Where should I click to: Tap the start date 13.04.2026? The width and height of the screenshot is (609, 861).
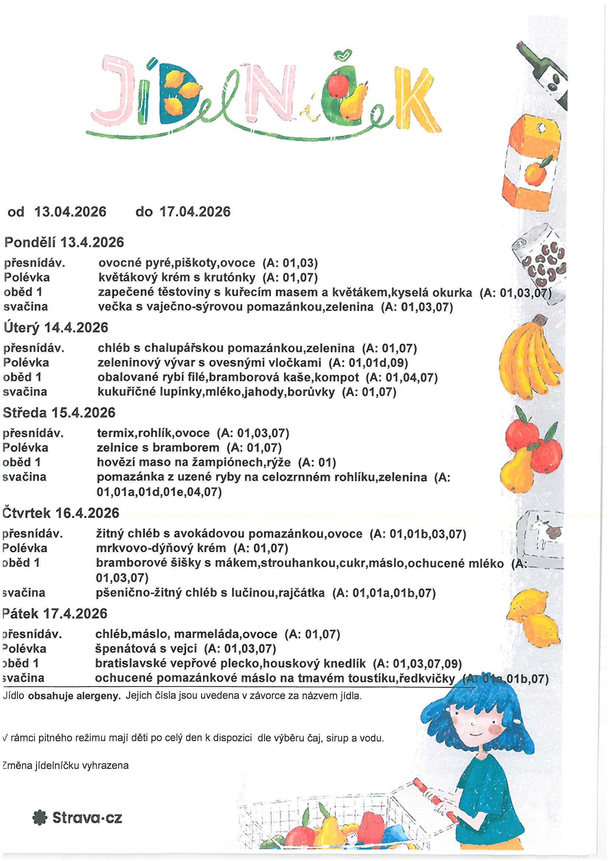(x=70, y=212)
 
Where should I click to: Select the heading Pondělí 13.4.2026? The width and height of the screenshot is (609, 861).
(x=64, y=243)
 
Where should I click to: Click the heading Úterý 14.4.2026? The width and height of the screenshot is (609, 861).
(x=56, y=328)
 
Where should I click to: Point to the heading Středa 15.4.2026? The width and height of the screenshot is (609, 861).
(x=59, y=412)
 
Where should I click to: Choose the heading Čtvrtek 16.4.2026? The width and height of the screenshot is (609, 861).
(x=61, y=513)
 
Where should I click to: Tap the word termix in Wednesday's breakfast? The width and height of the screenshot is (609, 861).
(x=116, y=433)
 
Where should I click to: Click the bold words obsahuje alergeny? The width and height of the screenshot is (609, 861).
(x=75, y=696)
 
